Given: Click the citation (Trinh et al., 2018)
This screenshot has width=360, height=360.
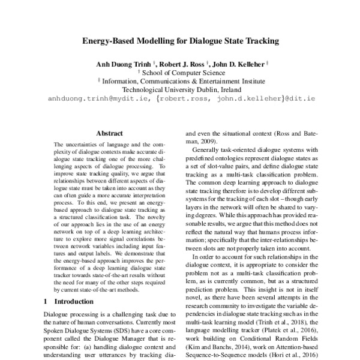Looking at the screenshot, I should (x=275, y=323).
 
